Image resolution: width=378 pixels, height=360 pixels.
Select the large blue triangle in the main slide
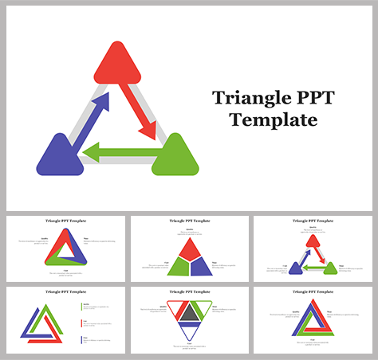pyautogui.click(x=60, y=156)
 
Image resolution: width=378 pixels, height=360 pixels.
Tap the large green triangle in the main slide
pyautogui.click(x=175, y=156)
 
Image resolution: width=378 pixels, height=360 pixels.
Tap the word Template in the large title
pyautogui.click(x=273, y=120)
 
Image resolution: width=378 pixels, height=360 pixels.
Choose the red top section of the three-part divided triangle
pyautogui.click(x=189, y=248)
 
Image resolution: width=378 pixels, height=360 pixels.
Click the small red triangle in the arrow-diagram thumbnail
pyautogui.click(x=313, y=240)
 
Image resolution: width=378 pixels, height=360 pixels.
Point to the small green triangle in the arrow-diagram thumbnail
pyautogui.click(x=330, y=268)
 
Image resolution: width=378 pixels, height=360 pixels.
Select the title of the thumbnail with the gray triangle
pyautogui.click(x=189, y=292)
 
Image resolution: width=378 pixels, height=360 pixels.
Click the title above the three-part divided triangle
pyautogui.click(x=189, y=221)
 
